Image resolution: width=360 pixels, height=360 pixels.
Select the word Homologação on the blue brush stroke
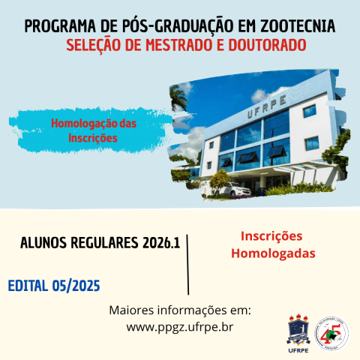pos(94,122)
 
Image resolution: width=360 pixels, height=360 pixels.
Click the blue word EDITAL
pos(28,286)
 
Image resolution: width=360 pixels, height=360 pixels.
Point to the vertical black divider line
pos(187,262)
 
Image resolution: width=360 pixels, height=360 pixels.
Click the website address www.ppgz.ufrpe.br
pos(180,326)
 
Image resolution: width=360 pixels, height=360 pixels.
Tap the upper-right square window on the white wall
pos(312,111)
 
